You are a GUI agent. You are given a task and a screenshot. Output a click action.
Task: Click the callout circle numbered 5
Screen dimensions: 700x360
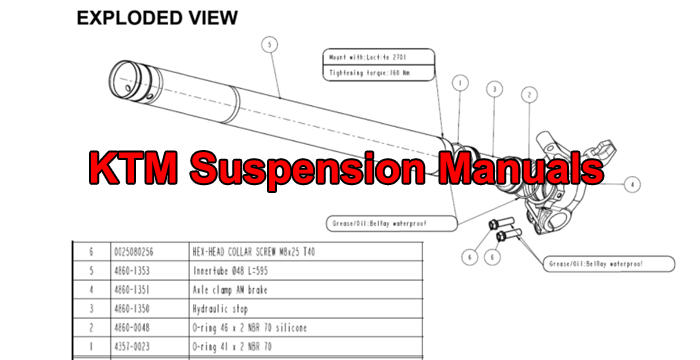[271, 44]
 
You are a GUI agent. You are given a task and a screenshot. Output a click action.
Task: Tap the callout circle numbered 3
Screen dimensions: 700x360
[493, 89]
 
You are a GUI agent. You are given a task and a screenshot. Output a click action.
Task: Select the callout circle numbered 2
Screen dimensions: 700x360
[526, 94]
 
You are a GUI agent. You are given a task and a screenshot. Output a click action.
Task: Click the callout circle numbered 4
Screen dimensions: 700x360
[632, 184]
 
